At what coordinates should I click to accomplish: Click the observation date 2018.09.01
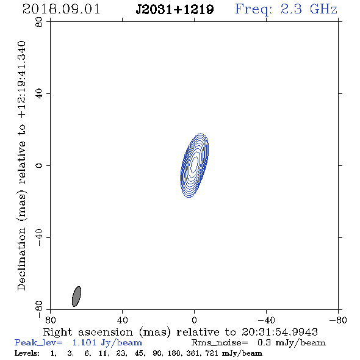[x=61, y=9]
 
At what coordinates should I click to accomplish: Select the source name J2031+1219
[x=175, y=9]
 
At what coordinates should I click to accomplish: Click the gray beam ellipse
[x=76, y=297]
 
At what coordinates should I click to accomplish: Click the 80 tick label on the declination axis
[x=39, y=22]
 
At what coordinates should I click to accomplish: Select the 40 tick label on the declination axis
[x=39, y=94]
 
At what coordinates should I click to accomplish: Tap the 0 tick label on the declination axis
[x=39, y=165]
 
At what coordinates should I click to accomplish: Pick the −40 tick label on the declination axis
[x=39, y=237]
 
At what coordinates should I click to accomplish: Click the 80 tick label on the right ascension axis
[x=50, y=320]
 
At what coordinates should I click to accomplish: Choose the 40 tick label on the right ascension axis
[x=122, y=320]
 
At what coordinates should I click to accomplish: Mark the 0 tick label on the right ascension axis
[x=194, y=320]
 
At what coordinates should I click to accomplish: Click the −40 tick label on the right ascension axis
[x=266, y=320]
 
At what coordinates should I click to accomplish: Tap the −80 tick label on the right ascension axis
[x=338, y=320]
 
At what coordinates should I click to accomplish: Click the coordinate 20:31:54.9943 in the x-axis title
[x=279, y=332]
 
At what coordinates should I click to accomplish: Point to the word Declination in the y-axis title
[x=21, y=259]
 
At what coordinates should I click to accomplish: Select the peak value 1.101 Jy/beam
[x=107, y=343]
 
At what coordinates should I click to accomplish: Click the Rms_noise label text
[x=220, y=343]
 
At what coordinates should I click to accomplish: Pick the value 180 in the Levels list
[x=177, y=353]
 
